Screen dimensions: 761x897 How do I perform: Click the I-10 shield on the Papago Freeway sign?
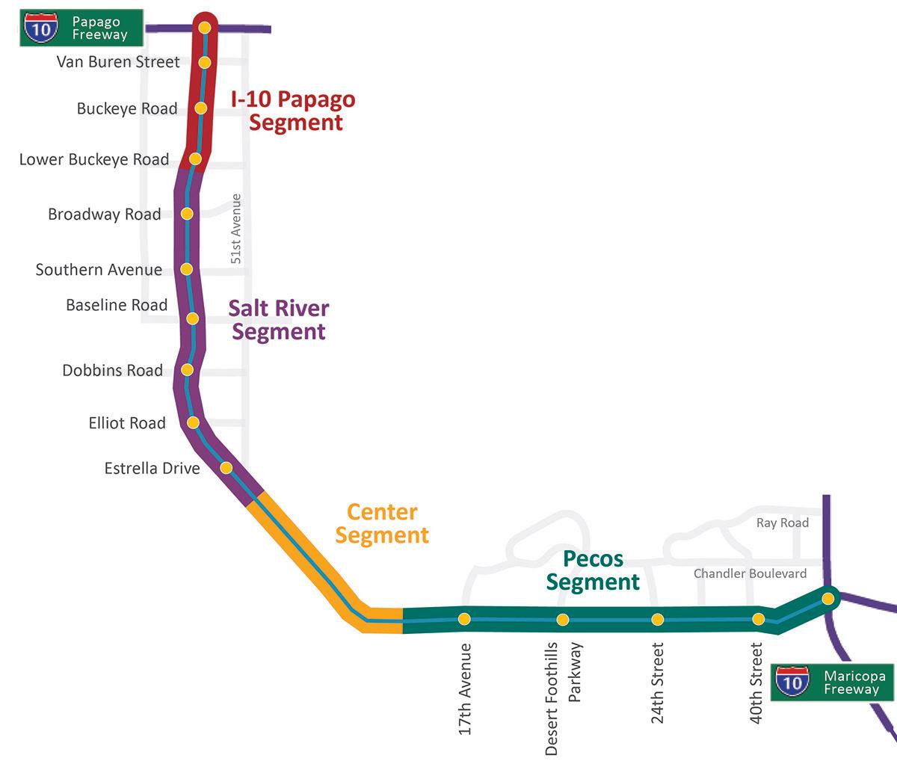[38, 28]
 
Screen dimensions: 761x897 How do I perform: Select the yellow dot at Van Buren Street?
[204, 63]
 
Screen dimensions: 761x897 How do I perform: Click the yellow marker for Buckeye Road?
[200, 108]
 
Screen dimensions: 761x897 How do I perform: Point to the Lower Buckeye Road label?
[94, 159]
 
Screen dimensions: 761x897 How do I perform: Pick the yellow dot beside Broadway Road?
[187, 214]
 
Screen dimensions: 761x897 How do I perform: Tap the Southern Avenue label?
[99, 270]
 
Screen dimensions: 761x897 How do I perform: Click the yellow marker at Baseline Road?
[192, 318]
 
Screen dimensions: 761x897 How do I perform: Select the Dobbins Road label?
[112, 370]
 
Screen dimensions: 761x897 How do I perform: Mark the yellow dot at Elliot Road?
[193, 422]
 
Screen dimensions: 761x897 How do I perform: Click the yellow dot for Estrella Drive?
[226, 468]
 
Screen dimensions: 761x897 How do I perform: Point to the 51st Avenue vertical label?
[236, 229]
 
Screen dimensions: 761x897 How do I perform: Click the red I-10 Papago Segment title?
[296, 111]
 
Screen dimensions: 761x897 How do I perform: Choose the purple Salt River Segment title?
[279, 319]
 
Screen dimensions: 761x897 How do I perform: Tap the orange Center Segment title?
[382, 523]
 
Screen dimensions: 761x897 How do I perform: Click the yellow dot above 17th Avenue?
[464, 618]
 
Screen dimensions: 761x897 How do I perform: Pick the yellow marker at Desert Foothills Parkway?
[563, 619]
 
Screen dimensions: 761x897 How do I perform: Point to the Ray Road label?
[783, 523]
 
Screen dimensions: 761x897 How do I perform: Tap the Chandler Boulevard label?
[750, 573]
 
